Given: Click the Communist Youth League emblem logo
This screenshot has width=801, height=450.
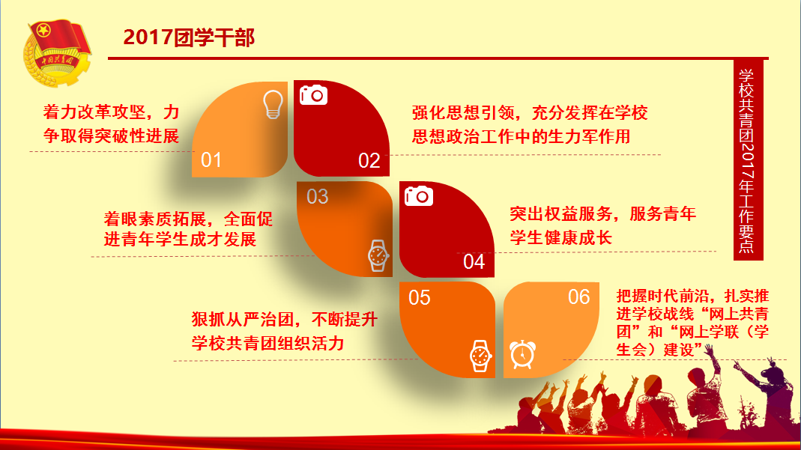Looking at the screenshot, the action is point(57,54).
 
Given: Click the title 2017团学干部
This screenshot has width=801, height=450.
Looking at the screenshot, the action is point(189,37).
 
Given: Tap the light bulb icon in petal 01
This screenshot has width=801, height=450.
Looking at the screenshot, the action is point(273,105).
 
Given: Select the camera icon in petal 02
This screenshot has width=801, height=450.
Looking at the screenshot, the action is point(313,95).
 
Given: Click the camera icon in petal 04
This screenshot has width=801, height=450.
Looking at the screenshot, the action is point(419,196).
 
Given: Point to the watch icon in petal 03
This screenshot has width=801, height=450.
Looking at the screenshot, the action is point(378,255).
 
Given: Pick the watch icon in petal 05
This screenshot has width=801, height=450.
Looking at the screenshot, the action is point(480,356).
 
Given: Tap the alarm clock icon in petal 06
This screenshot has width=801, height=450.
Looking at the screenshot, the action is point(522,354).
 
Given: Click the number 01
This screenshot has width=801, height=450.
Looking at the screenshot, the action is point(211,160).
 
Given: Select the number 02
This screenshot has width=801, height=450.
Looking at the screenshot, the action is point(369,161).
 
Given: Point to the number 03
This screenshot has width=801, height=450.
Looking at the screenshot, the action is point(317,197).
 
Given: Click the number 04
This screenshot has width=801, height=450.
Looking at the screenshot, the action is point(474,262).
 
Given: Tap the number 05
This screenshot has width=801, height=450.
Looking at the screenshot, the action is point(420,298).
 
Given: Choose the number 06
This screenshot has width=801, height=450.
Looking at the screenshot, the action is point(578,297).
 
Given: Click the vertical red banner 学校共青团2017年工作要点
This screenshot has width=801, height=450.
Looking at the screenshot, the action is point(748,160).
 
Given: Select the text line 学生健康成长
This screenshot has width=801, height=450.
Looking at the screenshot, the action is point(560,238).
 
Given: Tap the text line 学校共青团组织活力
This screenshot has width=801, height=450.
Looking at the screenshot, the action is point(267,344).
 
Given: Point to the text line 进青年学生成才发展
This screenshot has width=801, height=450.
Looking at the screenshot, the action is point(180,240).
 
